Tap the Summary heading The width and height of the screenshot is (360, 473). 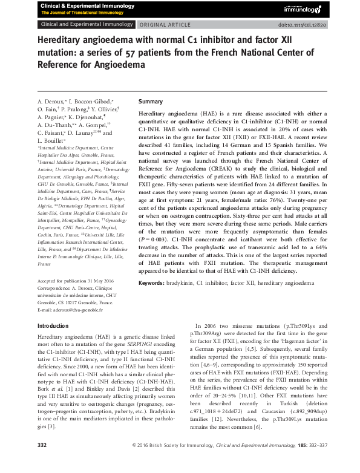(151, 102)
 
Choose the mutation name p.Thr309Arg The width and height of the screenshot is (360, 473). (208, 334)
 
